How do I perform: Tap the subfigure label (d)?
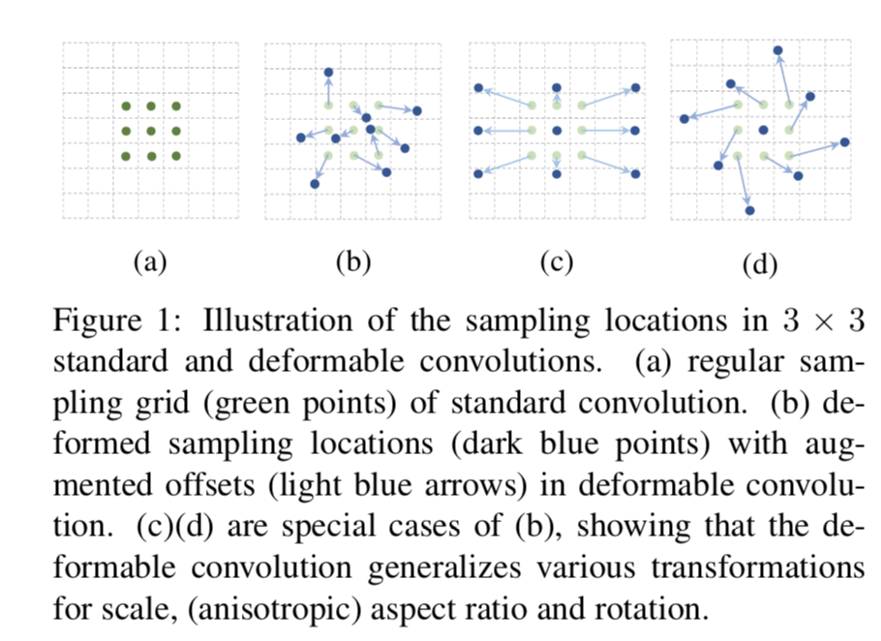pos(759,263)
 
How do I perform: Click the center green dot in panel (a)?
pos(151,131)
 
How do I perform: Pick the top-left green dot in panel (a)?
pos(126,107)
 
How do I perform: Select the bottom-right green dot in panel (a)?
pos(176,156)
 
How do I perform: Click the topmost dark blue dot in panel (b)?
pos(328,73)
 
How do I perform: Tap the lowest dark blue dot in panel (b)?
pos(315,183)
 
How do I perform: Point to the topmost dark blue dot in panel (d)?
pos(777,49)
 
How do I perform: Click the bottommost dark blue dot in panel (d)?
pos(749,208)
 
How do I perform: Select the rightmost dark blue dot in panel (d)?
pos(844,142)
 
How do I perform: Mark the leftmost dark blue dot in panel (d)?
pos(684,118)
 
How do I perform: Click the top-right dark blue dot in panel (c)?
pos(636,88)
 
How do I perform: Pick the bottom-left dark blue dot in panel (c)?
pos(477,173)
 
